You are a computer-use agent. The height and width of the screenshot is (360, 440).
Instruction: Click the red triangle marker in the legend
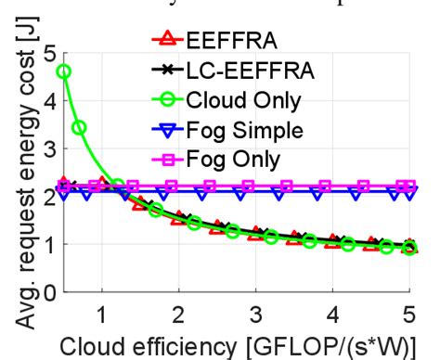tap(167, 41)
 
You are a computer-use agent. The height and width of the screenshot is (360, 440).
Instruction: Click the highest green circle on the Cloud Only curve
tap(64, 71)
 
